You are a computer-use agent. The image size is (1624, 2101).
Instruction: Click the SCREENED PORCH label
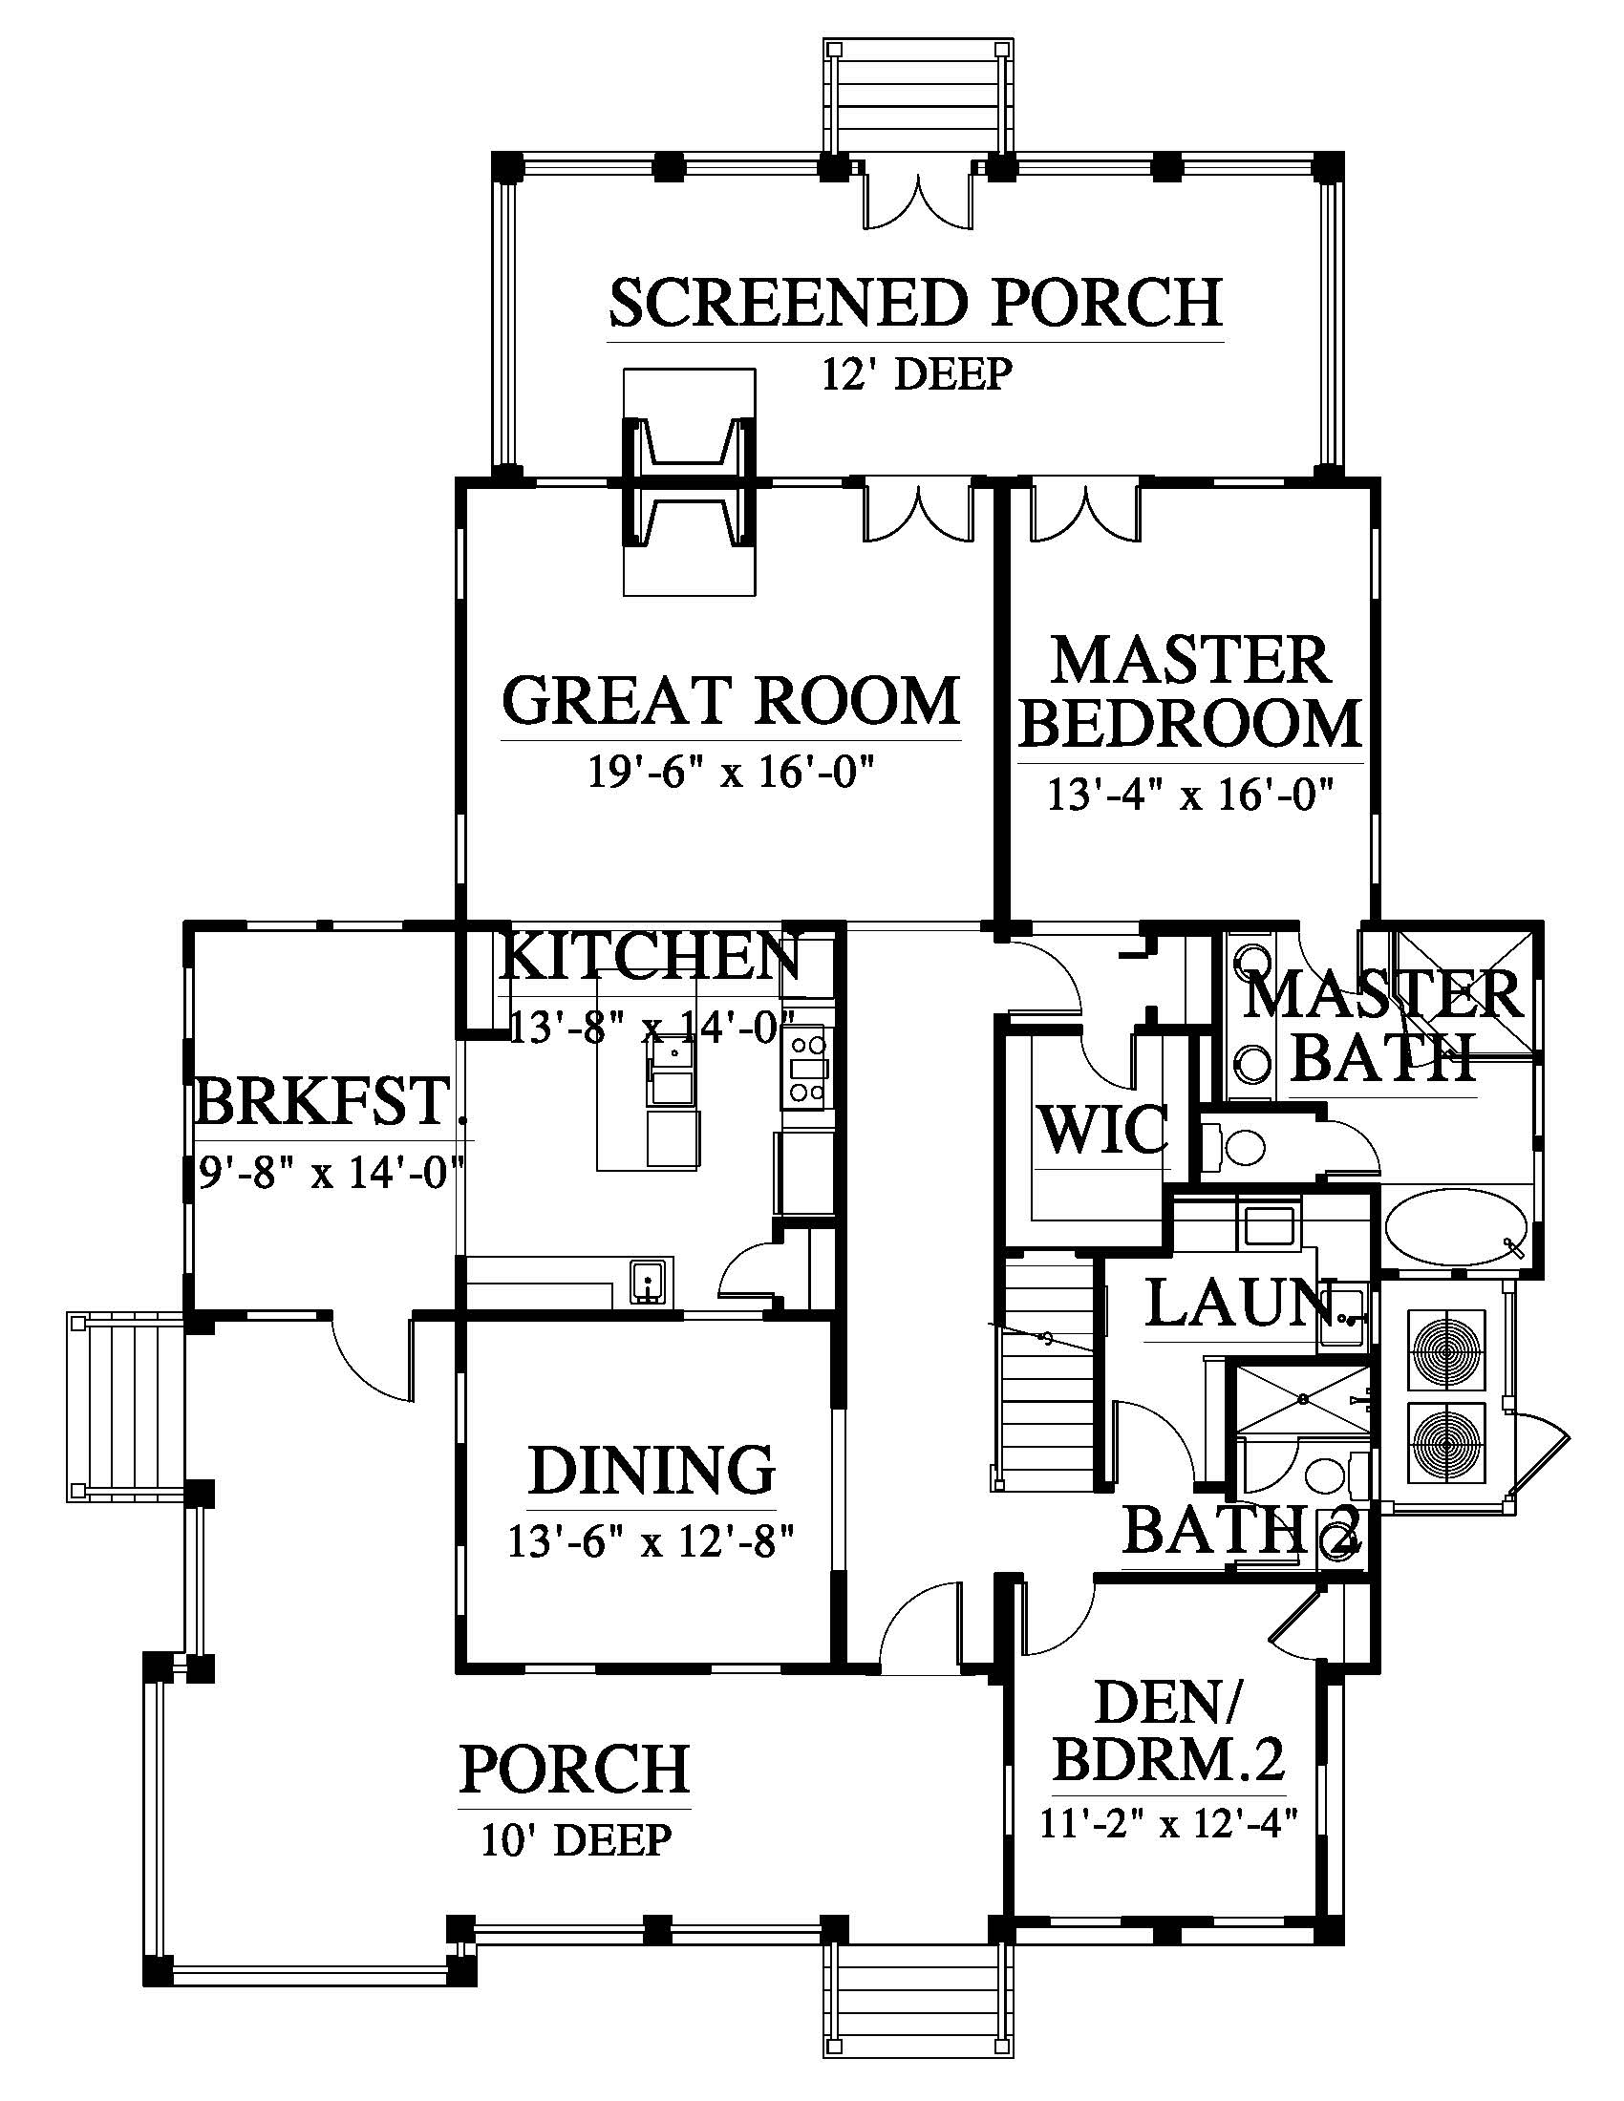click(x=916, y=302)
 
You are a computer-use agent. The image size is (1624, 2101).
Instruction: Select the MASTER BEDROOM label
click(x=1190, y=691)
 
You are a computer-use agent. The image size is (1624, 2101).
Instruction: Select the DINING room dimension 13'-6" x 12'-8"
click(x=652, y=1542)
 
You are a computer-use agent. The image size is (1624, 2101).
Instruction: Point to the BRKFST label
click(x=322, y=1101)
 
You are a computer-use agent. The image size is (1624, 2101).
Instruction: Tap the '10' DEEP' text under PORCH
click(x=575, y=1840)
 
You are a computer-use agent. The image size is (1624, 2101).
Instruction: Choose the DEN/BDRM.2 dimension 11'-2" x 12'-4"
click(x=1169, y=1824)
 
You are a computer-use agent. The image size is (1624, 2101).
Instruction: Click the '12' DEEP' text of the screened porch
click(x=916, y=373)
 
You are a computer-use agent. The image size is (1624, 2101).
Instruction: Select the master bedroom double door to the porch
click(x=1084, y=514)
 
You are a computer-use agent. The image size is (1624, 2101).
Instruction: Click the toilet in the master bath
click(x=1237, y=1147)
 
